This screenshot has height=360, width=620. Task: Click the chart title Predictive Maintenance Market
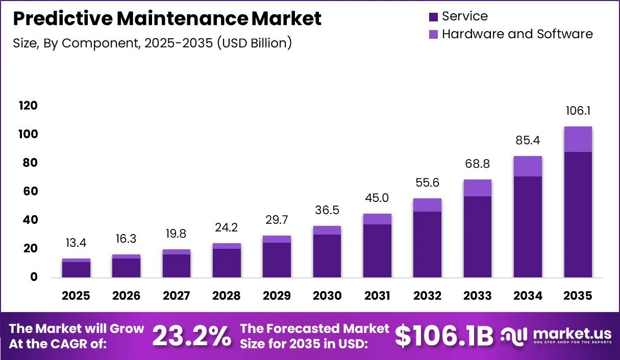[x=167, y=18]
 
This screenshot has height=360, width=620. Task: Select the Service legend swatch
[x=433, y=17]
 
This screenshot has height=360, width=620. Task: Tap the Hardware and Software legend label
[x=517, y=34]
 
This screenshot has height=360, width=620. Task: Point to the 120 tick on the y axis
[x=28, y=106]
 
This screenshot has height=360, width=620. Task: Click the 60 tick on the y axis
[x=31, y=191]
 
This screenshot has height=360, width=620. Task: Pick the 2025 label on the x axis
[x=76, y=296]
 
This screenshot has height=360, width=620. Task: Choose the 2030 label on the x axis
[x=327, y=296]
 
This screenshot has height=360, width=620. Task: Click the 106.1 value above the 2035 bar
[x=578, y=111]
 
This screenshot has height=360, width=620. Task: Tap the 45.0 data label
[x=377, y=198]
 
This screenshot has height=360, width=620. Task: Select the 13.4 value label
[x=76, y=243]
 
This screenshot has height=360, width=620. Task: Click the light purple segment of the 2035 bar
[x=578, y=139]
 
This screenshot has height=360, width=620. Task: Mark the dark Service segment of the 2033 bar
[x=478, y=237]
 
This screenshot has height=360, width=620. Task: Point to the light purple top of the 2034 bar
[x=528, y=166]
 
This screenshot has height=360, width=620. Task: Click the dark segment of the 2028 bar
[x=227, y=263]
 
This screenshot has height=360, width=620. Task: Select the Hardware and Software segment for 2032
[x=427, y=205]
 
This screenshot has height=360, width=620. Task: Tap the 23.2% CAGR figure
[x=191, y=336]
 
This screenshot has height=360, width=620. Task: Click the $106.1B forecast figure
[x=444, y=336]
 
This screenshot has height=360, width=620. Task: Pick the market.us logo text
[x=572, y=334]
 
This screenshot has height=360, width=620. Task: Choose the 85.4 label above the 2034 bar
[x=528, y=140]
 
